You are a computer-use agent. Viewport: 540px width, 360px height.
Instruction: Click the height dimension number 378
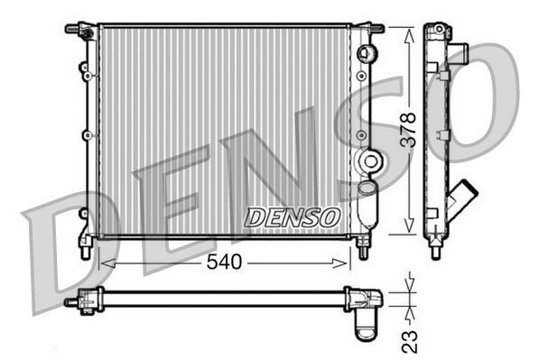407,130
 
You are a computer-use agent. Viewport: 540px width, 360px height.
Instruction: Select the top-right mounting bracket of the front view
369,30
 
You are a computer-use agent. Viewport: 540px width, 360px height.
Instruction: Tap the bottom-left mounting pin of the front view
85,248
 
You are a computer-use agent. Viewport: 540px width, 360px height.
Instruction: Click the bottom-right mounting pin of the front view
364,249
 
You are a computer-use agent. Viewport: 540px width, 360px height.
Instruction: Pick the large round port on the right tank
368,162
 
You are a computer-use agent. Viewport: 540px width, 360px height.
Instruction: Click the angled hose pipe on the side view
465,198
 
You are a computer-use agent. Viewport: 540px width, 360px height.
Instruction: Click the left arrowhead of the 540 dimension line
105,263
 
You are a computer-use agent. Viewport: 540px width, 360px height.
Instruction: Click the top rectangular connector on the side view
459,51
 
